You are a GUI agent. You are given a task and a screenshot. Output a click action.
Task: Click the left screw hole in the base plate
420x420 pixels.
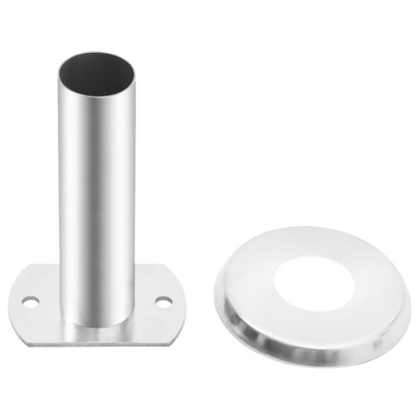(31, 299)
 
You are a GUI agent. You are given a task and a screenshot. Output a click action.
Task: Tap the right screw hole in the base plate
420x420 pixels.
(163, 300)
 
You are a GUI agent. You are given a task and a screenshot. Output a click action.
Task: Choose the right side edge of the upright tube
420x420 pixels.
(134, 202)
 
